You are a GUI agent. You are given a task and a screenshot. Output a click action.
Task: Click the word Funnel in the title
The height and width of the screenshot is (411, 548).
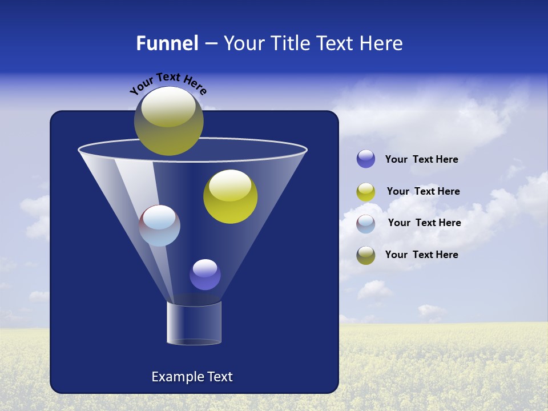point(167,43)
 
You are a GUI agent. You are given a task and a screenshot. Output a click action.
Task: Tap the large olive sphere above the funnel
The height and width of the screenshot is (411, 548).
point(168,121)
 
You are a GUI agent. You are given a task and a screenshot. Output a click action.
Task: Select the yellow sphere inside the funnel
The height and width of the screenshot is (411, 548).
point(230,197)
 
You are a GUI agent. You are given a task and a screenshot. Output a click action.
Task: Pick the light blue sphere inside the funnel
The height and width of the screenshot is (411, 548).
point(159,225)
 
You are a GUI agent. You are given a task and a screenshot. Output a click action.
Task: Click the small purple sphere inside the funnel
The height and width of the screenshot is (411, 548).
point(205,275)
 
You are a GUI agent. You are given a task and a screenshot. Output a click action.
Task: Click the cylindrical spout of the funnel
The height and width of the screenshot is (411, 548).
point(194,323)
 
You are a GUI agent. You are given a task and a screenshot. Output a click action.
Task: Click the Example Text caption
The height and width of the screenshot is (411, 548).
point(192,377)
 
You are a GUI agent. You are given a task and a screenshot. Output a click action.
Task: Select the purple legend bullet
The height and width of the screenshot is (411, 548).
point(366,159)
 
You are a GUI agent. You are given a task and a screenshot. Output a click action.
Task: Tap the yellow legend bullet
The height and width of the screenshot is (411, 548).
point(366,192)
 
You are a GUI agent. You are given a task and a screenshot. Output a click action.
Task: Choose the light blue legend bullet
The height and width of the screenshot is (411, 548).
point(366,224)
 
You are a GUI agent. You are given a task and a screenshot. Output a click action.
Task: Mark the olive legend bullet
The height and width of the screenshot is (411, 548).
point(366,255)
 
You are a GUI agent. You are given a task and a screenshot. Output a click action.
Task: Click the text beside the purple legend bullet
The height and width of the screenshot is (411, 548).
point(421,160)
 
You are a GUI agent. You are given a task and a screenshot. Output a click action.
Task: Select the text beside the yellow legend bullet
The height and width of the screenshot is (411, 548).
point(423,192)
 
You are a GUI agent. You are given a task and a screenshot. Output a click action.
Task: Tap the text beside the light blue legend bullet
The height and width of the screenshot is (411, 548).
point(424,223)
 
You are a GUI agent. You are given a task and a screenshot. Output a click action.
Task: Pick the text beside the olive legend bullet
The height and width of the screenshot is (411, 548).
point(421,255)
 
